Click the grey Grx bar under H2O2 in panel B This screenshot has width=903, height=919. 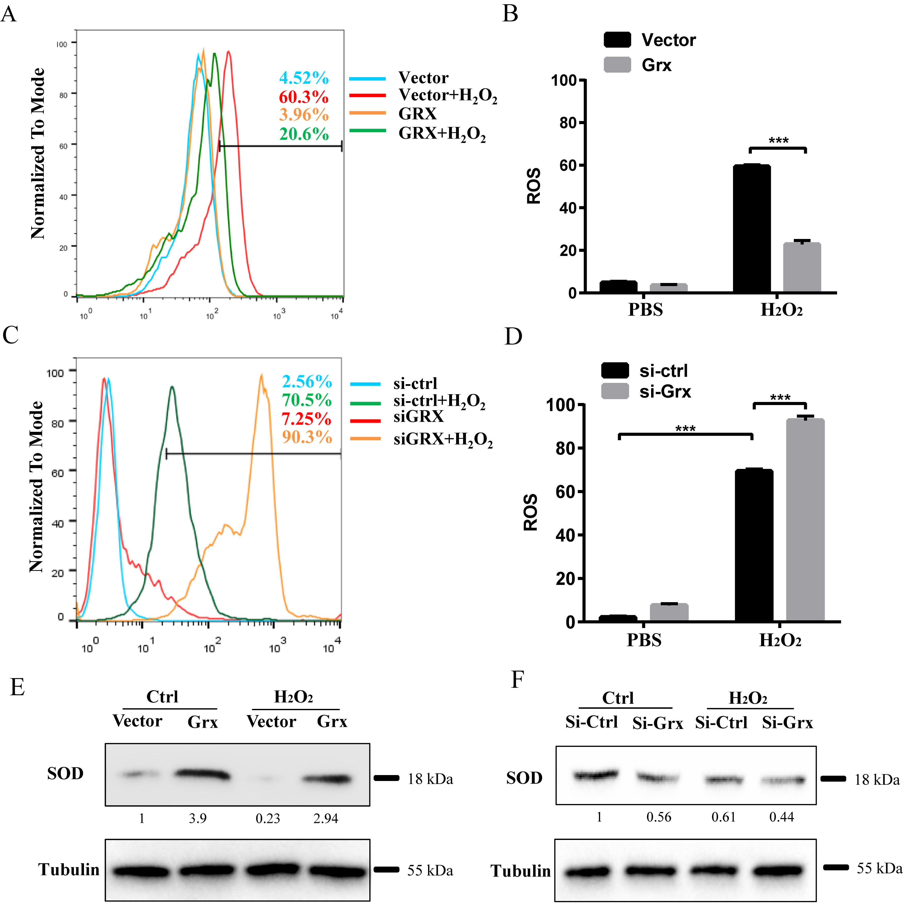802,268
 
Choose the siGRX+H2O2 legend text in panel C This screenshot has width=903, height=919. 443,440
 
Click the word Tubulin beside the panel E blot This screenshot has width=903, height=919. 69,869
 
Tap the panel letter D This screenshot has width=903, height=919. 513,336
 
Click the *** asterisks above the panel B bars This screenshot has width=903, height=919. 778,141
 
